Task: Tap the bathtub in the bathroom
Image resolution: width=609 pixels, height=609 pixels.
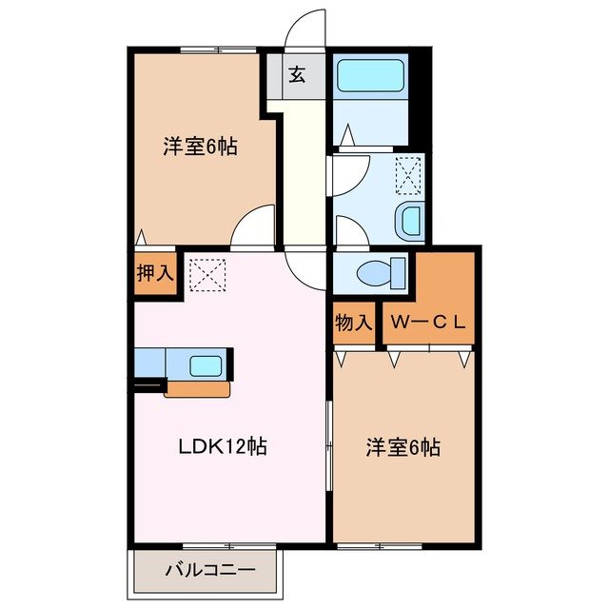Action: [371, 75]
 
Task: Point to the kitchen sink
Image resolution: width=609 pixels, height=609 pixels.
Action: [206, 365]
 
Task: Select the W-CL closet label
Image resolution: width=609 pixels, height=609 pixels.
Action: [427, 322]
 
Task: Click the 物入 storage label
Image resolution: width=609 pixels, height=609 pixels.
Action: [353, 322]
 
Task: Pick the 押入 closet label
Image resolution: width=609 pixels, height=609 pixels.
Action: [153, 273]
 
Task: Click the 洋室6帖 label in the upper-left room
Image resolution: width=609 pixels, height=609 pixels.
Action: [199, 147]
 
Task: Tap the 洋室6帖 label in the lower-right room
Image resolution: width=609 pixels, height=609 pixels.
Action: [403, 447]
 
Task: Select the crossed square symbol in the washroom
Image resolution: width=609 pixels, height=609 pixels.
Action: [408, 174]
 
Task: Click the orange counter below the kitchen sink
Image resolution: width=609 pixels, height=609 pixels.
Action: [197, 388]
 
